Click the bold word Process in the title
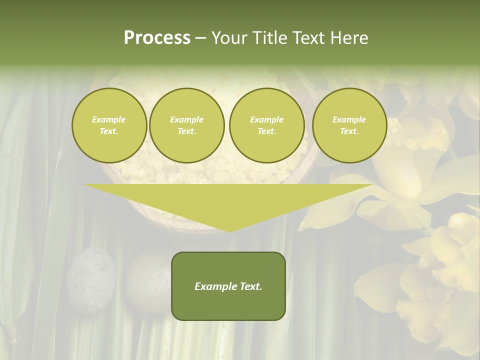[x=157, y=38]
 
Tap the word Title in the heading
[x=268, y=38]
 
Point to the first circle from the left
[x=109, y=125]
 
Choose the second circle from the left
[x=186, y=125]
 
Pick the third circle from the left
[x=266, y=125]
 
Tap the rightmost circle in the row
[x=349, y=125]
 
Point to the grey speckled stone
[x=91, y=273]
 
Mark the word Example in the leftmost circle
[x=109, y=119]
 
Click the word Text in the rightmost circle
[x=349, y=131]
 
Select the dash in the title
[x=200, y=38]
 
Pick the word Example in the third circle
[x=266, y=119]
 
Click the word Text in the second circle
[x=186, y=131]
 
